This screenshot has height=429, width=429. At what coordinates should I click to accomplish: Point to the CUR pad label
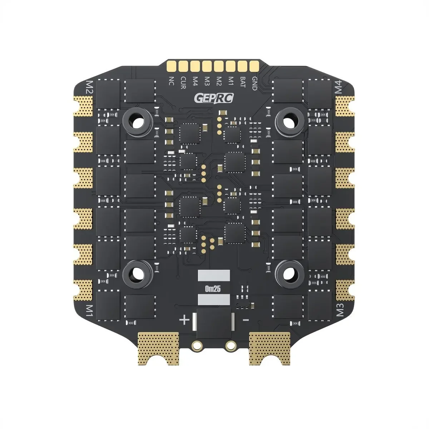coord(183,84)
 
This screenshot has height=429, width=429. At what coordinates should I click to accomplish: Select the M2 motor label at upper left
coord(89,87)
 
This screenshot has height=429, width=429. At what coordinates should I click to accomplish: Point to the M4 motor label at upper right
coord(340,87)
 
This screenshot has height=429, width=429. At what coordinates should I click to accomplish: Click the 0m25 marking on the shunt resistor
coord(213,288)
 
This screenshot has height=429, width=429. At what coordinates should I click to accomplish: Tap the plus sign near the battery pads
coord(184,320)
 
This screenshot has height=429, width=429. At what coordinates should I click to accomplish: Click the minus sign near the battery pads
coord(245,319)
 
